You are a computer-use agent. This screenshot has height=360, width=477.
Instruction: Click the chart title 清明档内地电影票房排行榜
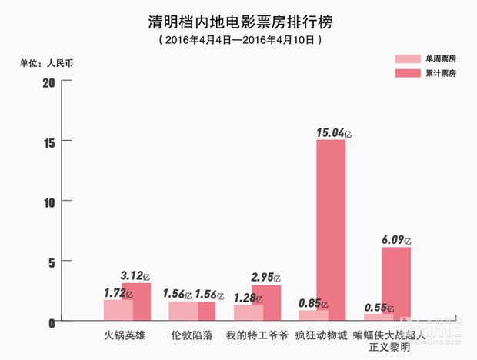click(238, 20)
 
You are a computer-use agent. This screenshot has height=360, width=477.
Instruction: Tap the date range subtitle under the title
click(238, 38)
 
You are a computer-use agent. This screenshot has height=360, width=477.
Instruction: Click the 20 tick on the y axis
click(48, 82)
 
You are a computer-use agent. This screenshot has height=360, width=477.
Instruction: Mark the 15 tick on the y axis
click(48, 142)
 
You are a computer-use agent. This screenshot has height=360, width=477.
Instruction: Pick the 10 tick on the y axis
click(48, 202)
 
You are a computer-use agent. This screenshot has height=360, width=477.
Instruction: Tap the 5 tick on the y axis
click(50, 262)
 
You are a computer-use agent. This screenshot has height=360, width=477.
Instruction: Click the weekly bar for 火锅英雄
click(118, 310)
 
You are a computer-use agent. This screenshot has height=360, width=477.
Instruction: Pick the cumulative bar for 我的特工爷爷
click(266, 302)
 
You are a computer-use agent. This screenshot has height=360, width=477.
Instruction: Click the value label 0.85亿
click(312, 303)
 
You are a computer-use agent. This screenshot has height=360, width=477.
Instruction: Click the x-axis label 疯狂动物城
click(321, 336)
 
